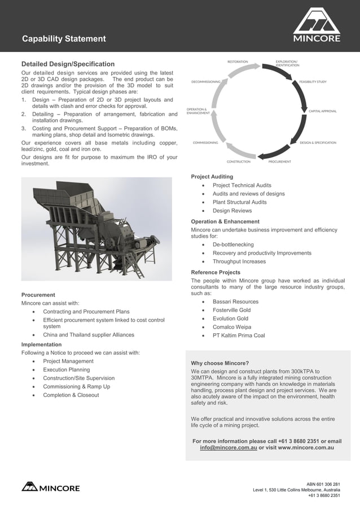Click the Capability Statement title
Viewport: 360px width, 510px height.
click(x=64, y=39)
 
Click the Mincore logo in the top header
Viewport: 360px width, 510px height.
click(x=316, y=25)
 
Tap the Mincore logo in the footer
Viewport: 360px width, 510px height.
click(x=51, y=487)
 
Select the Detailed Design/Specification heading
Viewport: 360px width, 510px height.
click(x=68, y=64)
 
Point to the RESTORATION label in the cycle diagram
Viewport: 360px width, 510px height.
click(x=237, y=61)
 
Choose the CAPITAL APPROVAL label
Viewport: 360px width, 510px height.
click(x=322, y=111)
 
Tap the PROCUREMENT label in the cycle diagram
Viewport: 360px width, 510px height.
click(x=279, y=162)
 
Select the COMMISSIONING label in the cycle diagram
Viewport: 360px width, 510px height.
click(x=205, y=142)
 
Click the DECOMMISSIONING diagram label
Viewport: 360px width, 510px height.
click(x=205, y=81)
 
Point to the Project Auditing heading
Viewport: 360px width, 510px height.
click(x=212, y=177)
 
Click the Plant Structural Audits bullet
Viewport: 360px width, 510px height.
click(x=239, y=202)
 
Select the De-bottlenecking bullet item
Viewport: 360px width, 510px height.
click(x=232, y=245)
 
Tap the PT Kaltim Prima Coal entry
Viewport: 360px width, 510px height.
click(x=238, y=335)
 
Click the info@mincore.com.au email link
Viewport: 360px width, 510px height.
click(x=229, y=447)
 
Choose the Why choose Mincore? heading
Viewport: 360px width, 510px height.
click(x=220, y=363)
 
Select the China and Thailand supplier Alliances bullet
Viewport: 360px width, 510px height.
click(x=89, y=335)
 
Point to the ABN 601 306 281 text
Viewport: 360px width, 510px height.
click(x=323, y=485)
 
